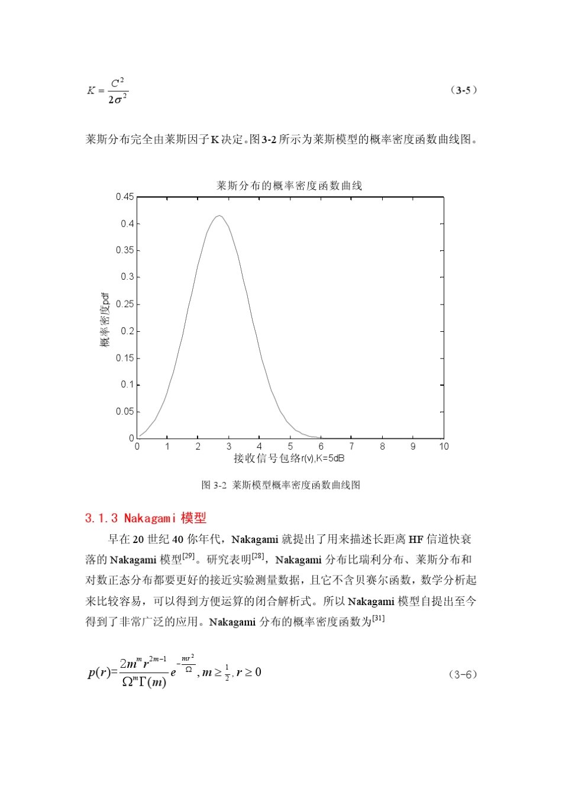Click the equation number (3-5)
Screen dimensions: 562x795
pyautogui.click(x=464, y=91)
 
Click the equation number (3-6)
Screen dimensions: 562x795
pyautogui.click(x=463, y=674)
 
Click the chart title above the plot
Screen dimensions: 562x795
pyautogui.click(x=289, y=186)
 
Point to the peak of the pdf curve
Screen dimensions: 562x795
pyautogui.click(x=219, y=216)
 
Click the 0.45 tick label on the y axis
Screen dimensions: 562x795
pyautogui.click(x=125, y=197)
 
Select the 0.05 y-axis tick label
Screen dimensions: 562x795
pyautogui.click(x=125, y=412)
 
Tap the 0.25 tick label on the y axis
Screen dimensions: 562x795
pyautogui.click(x=125, y=304)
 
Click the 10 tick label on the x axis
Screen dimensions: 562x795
pyautogui.click(x=444, y=447)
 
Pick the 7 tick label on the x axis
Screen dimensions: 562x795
pyautogui.click(x=351, y=447)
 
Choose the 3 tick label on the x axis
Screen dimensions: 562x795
pyautogui.click(x=229, y=447)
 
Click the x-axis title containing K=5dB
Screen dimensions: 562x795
pyautogui.click(x=289, y=458)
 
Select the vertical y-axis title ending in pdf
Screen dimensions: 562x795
pyautogui.click(x=105, y=319)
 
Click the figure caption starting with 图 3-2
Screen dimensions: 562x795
pyautogui.click(x=281, y=485)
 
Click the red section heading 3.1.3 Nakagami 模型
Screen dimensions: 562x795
pyautogui.click(x=146, y=518)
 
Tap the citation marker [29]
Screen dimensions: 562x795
pyautogui.click(x=189, y=556)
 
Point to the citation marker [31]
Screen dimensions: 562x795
pyautogui.click(x=379, y=618)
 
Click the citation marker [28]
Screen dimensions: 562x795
pyautogui.click(x=259, y=556)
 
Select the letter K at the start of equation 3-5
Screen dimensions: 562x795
pyautogui.click(x=91, y=91)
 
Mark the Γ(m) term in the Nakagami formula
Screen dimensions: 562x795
pyautogui.click(x=153, y=682)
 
